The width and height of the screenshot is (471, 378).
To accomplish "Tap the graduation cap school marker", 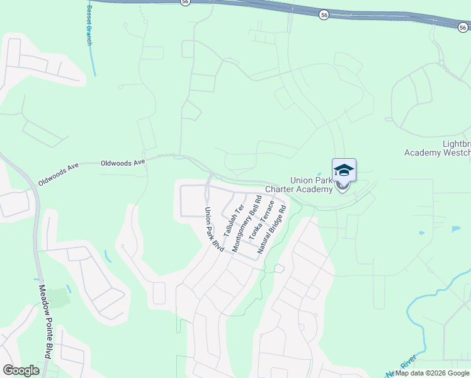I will click(344, 171).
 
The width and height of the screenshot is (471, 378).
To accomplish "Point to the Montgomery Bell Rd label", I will click(247, 224).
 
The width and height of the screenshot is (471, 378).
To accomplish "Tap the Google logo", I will click(21, 370).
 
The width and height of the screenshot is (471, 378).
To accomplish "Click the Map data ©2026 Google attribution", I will click(432, 373).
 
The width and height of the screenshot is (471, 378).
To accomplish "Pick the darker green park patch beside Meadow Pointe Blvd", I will click(58, 297).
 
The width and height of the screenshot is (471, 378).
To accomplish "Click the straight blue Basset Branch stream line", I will click(93, 60).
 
